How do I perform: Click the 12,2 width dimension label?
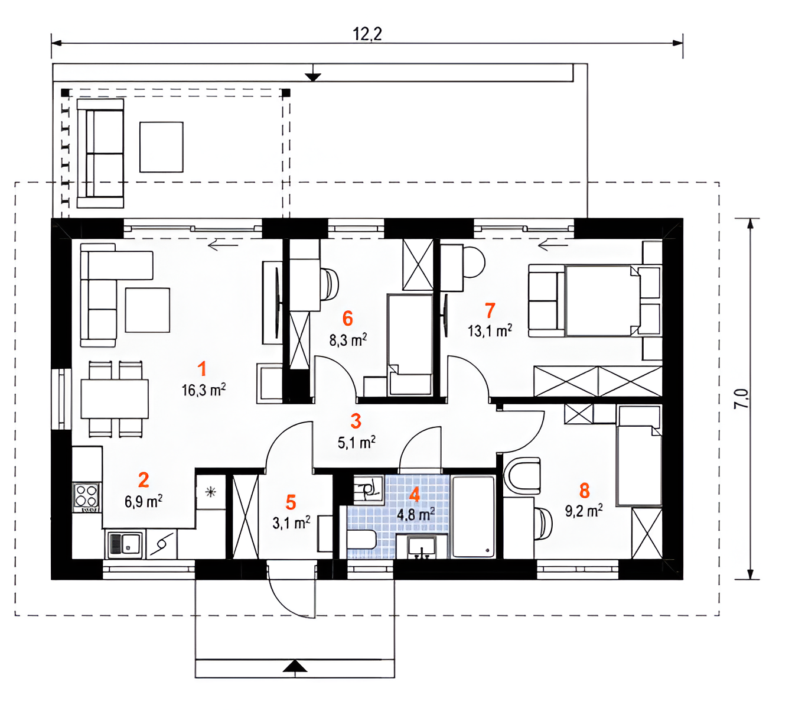367,34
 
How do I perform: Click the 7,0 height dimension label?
741,399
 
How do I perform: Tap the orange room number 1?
202,369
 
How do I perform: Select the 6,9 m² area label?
144,501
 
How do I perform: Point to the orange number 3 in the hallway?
356,421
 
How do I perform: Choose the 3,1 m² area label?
291,522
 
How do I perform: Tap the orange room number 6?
347,319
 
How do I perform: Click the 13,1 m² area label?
490,331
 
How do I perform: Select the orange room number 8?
584,491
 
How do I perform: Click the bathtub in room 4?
473,517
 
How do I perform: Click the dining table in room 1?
115,399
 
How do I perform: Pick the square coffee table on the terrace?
161,147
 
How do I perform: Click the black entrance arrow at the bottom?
295,666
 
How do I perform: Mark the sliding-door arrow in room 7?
553,246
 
